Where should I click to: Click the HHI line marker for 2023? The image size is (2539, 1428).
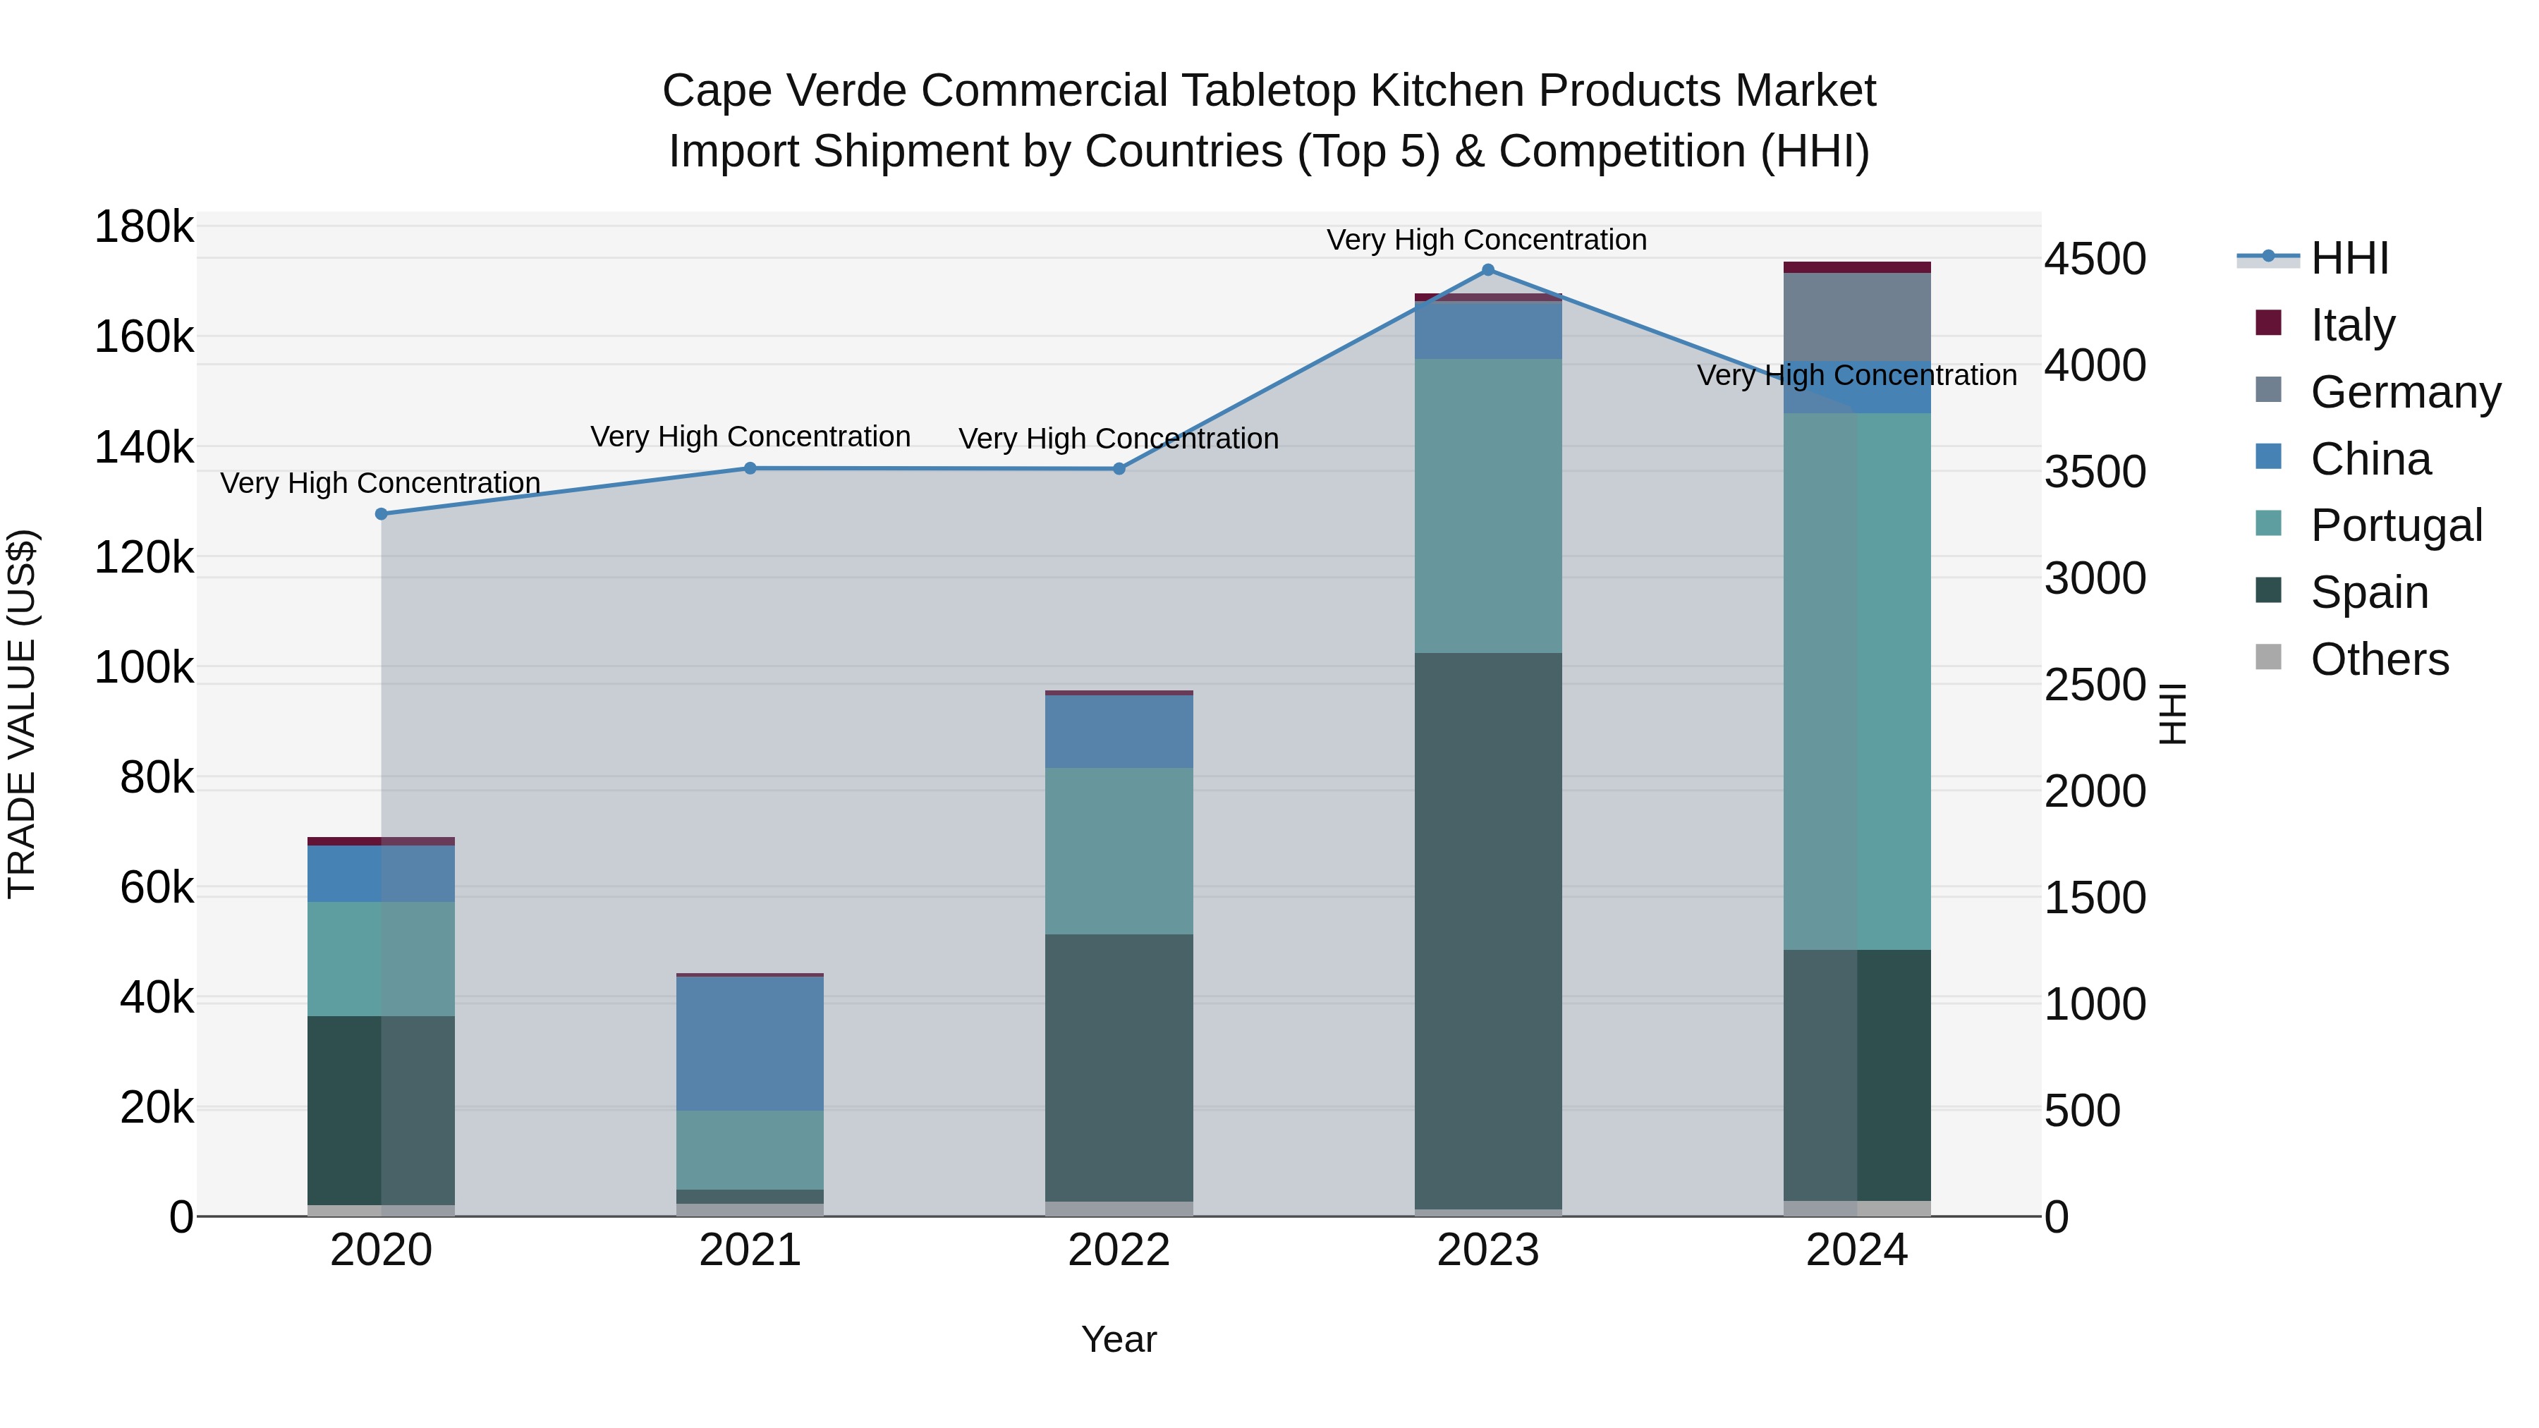coord(1487,270)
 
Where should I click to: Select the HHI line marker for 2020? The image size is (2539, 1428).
coord(382,513)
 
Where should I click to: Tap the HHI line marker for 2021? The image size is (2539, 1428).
coord(750,468)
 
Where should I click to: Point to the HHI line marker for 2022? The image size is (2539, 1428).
coord(1119,469)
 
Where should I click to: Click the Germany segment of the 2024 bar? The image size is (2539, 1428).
coord(1857,317)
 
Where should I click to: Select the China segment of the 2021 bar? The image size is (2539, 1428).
coord(750,1044)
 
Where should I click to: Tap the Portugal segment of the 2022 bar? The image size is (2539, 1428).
coord(1119,850)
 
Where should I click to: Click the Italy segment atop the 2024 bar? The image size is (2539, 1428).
coord(1857,267)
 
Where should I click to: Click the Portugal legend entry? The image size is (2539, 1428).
coord(2396,525)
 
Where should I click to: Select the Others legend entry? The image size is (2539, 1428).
coord(2380,659)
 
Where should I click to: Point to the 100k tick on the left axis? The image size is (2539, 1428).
coord(144,669)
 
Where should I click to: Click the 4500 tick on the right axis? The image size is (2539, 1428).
coord(2095,260)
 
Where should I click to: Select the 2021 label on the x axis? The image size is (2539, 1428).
coord(750,1250)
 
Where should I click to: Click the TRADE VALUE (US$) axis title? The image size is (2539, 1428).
coord(22,714)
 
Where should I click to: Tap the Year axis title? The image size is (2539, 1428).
coord(1119,1339)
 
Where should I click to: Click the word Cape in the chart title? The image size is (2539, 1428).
coord(712,91)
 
